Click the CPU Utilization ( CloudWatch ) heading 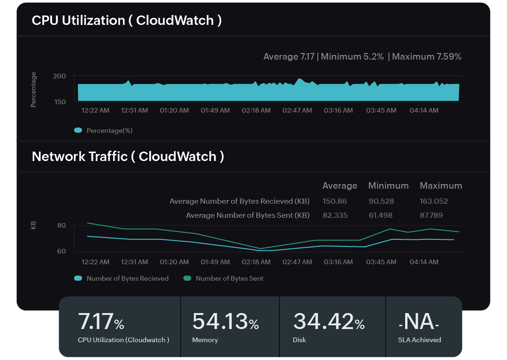127,21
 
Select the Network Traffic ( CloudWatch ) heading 128,156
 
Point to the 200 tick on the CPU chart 60,76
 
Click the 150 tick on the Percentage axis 60,101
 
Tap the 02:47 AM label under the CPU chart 297,110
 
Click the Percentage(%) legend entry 104,130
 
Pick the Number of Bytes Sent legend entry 223,278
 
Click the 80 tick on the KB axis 61,225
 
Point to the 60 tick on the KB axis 61,251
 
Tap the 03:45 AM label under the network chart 381,262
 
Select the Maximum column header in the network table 440,186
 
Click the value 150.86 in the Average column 334,201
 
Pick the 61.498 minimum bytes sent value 380,215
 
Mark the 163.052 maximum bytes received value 433,201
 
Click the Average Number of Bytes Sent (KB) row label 247,215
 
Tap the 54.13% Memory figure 225,322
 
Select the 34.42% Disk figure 329,322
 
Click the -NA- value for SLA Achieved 419,322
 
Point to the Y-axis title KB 33,225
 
